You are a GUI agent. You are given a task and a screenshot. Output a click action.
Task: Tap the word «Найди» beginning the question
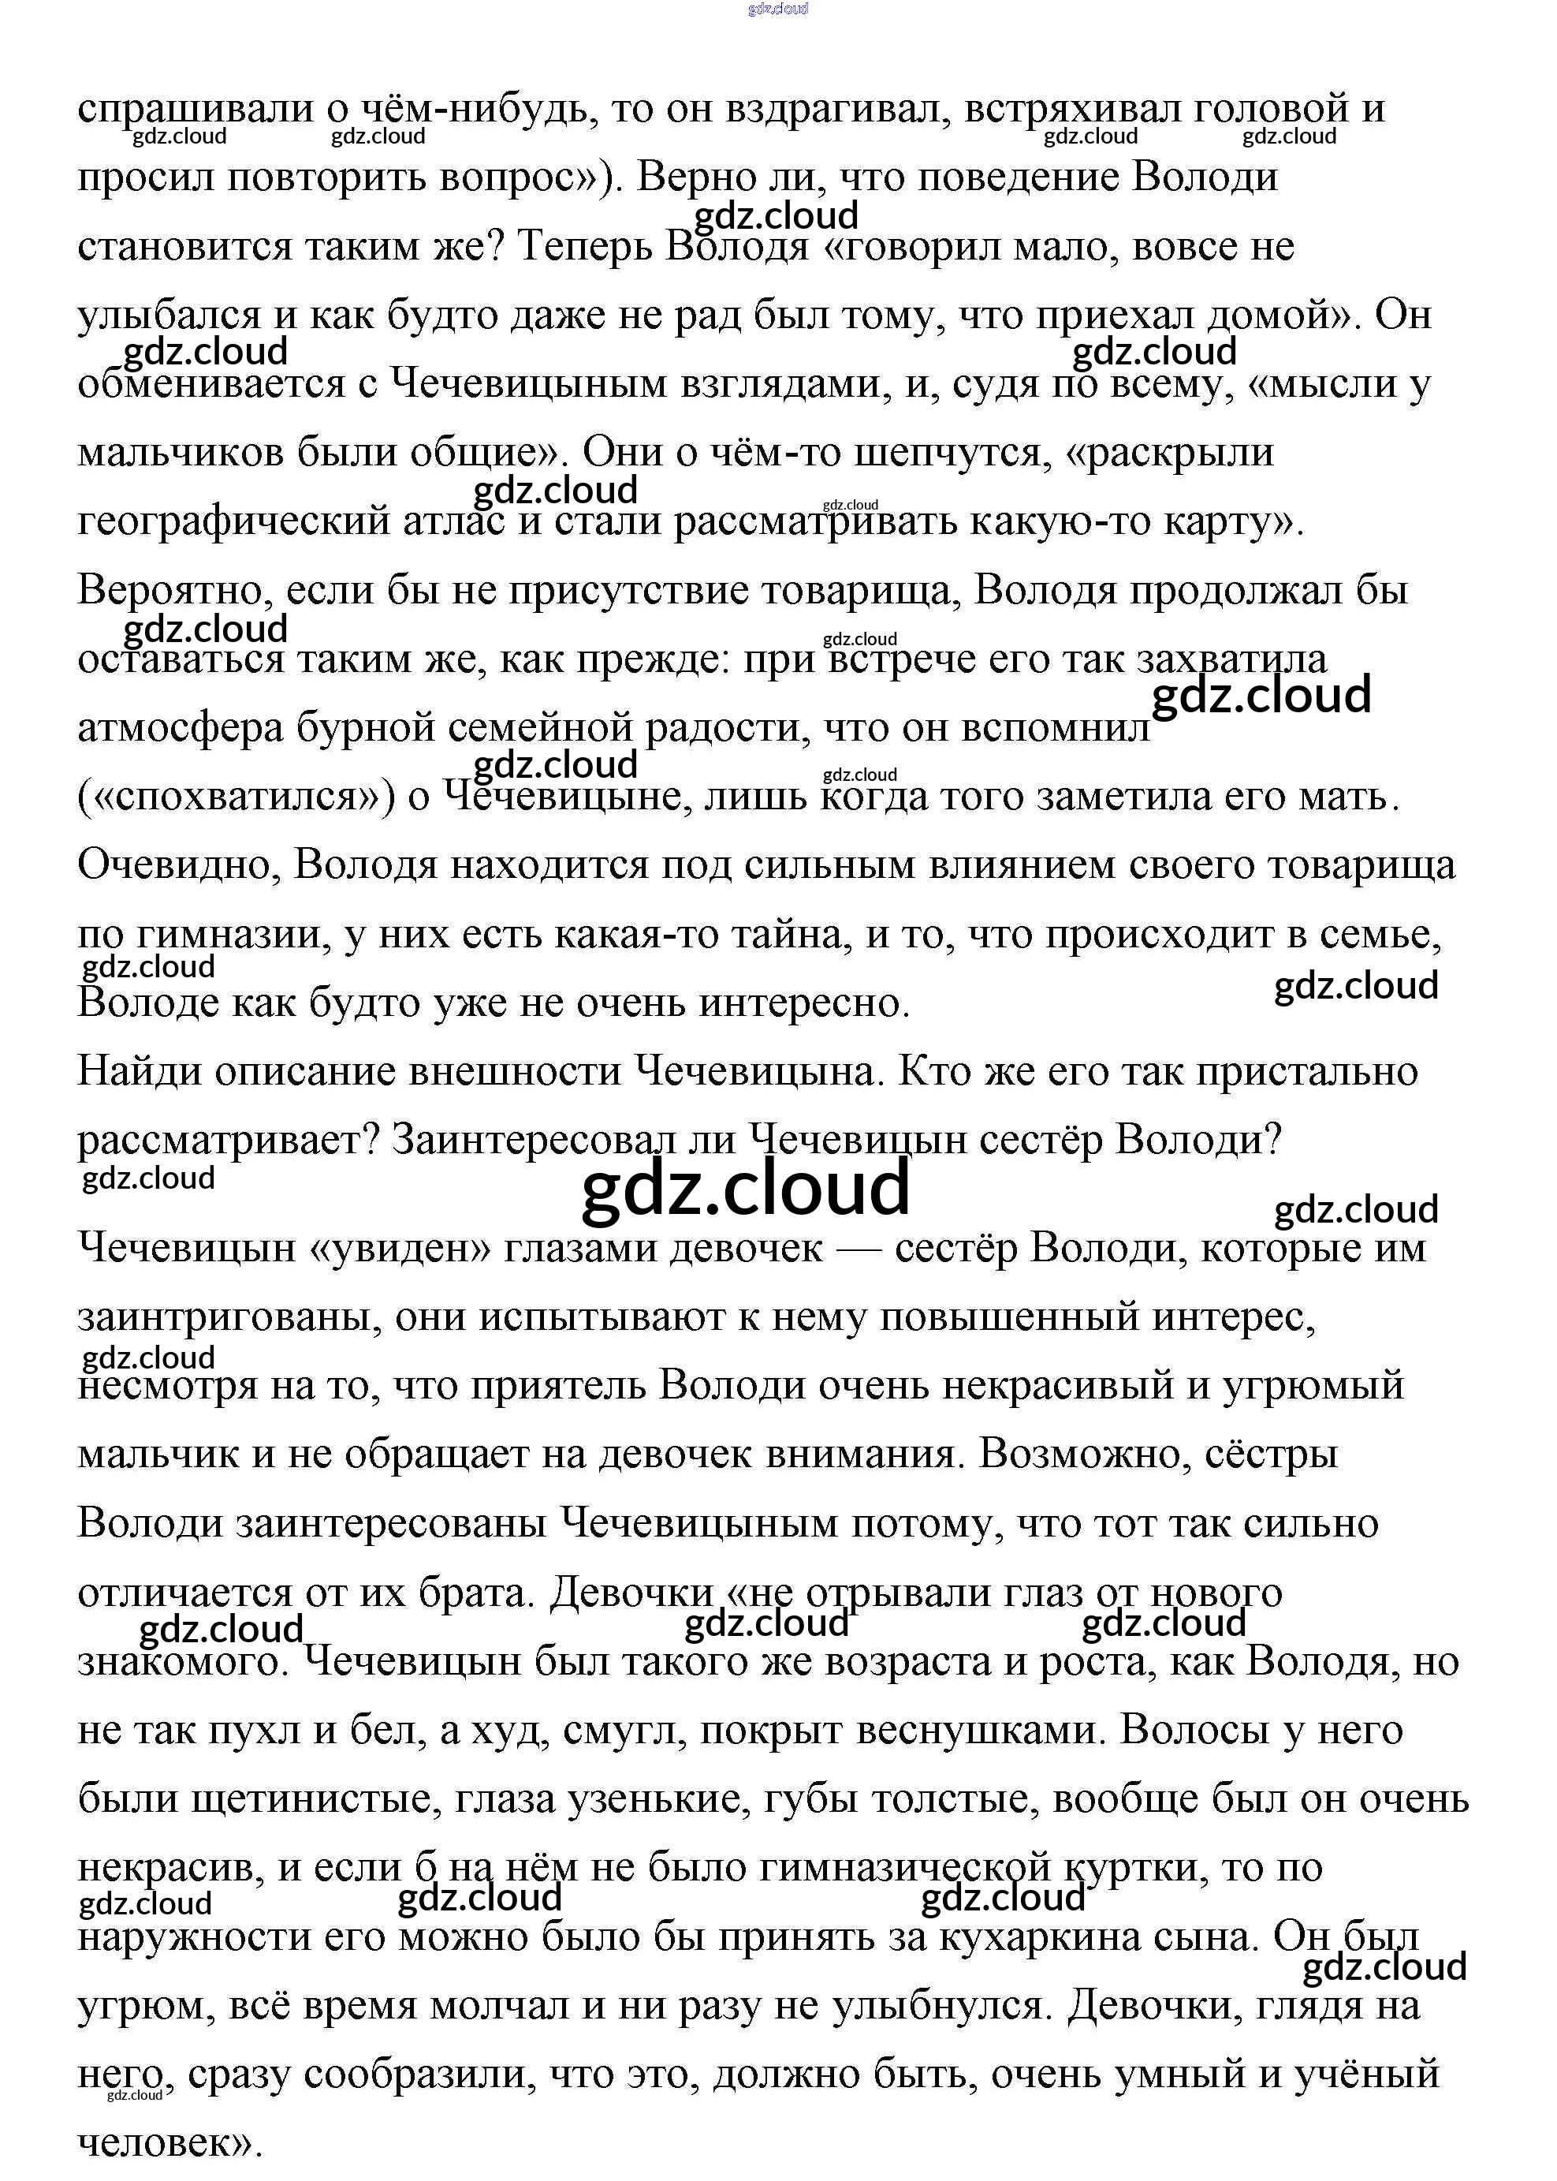point(139,1072)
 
